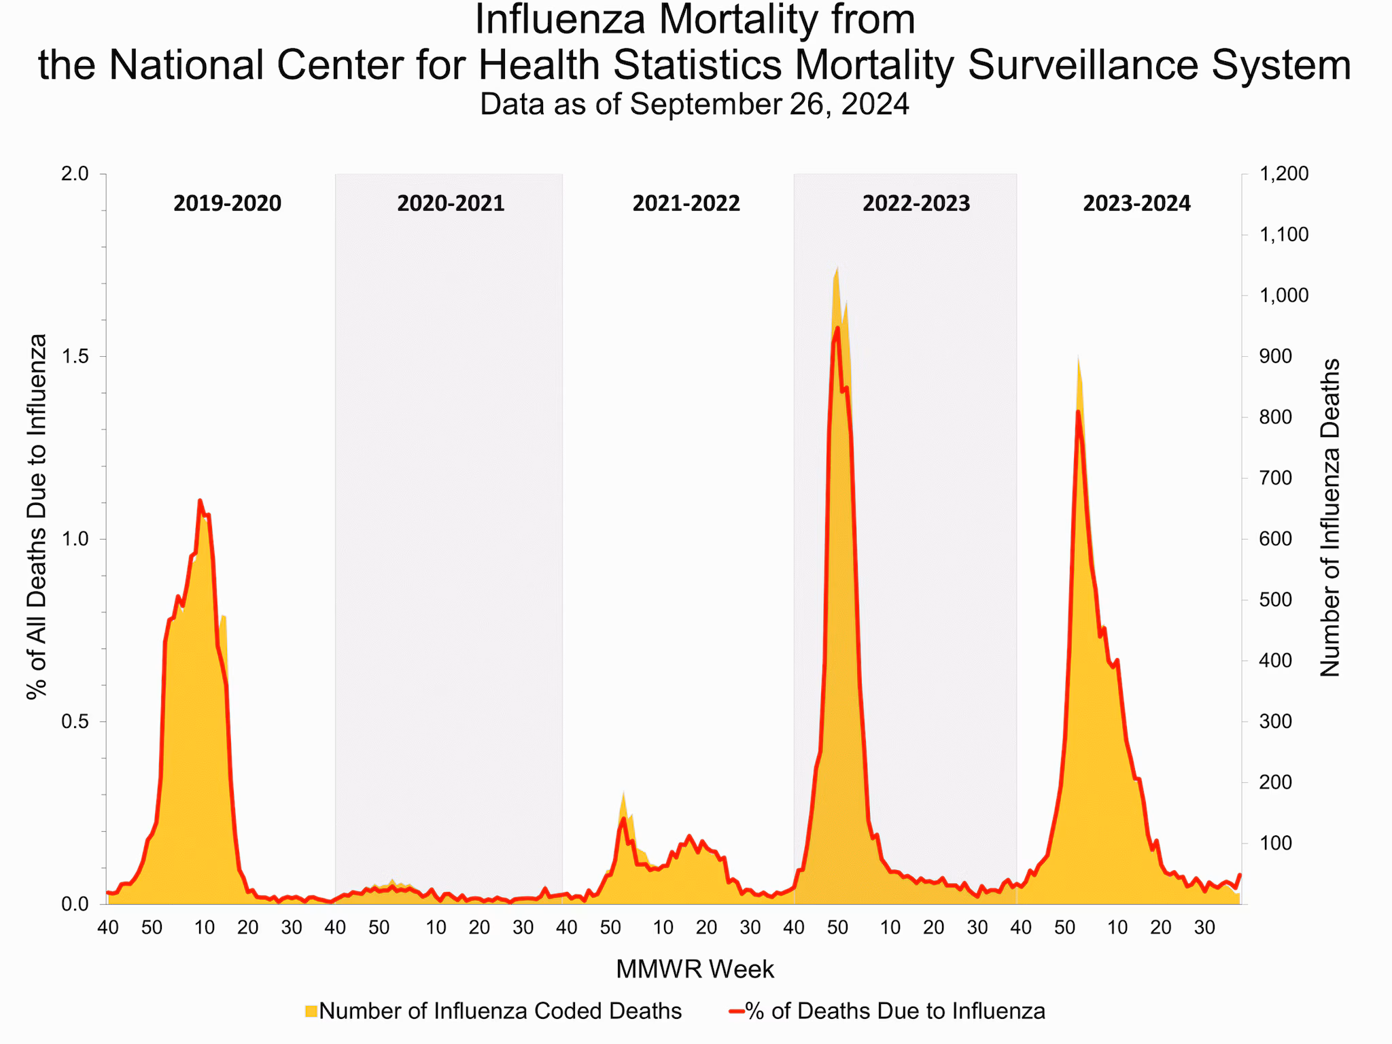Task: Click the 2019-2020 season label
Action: point(227,203)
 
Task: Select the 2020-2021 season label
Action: point(451,203)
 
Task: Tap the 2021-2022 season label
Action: point(686,203)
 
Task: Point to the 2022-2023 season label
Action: point(916,203)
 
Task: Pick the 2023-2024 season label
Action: point(1136,203)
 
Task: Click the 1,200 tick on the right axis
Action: point(1283,174)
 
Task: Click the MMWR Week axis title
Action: point(695,969)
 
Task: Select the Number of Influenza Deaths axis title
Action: point(1329,518)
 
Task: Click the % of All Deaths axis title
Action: point(37,517)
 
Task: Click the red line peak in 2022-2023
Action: point(837,328)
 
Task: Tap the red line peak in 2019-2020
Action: point(200,501)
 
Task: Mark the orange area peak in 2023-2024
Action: point(1078,357)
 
